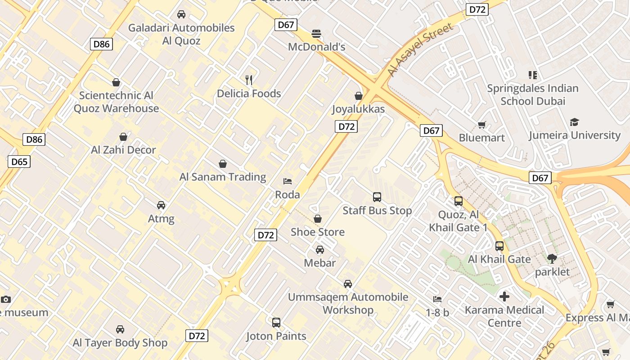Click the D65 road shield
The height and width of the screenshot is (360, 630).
click(x=19, y=162)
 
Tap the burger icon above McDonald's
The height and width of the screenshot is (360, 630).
click(x=316, y=34)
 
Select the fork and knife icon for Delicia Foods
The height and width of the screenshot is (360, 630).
click(x=249, y=80)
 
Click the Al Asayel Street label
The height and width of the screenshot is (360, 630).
click(x=421, y=50)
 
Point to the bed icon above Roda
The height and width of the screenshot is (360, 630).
click(x=288, y=181)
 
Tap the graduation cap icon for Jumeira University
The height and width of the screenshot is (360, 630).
click(x=574, y=122)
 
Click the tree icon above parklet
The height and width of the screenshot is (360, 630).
click(x=552, y=259)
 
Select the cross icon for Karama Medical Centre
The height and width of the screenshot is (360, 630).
click(x=504, y=297)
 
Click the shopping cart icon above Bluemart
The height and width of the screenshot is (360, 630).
click(x=482, y=125)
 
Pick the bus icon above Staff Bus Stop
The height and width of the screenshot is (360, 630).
click(x=377, y=197)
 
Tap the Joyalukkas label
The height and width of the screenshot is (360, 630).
click(x=359, y=109)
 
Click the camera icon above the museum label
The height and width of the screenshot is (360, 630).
click(x=6, y=299)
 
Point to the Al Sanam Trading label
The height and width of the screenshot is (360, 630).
click(x=223, y=177)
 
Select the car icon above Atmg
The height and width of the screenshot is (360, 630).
click(x=161, y=205)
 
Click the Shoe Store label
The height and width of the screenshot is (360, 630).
click(x=318, y=232)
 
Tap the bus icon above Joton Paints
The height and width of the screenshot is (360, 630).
click(x=276, y=323)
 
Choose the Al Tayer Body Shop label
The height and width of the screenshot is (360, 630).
click(x=120, y=342)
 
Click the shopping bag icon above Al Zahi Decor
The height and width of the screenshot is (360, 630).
click(x=123, y=137)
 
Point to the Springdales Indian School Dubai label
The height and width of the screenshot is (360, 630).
click(x=533, y=94)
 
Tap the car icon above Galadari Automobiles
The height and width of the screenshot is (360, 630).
click(x=181, y=14)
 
